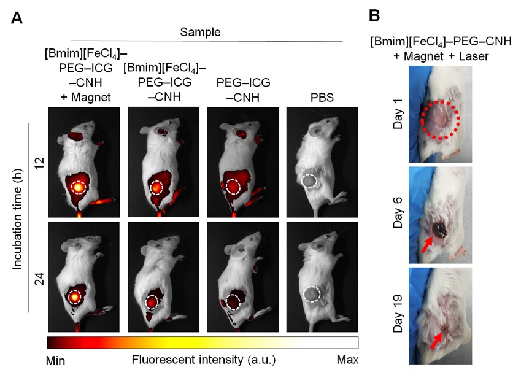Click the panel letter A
click(17, 18)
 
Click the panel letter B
click(374, 15)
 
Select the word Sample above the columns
click(200, 32)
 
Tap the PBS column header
click(322, 98)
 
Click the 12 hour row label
click(39, 163)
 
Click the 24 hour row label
click(39, 279)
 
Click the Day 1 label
click(398, 114)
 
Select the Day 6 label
click(398, 213)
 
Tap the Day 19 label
click(398, 314)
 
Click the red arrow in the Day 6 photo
click(427, 244)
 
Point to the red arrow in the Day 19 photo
click(437, 341)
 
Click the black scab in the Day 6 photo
click(440, 230)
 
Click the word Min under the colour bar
click(55, 360)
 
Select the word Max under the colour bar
click(347, 360)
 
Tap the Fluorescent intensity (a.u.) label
click(204, 360)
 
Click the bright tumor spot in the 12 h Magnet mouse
click(78, 188)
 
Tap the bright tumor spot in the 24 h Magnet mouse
click(75, 296)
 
